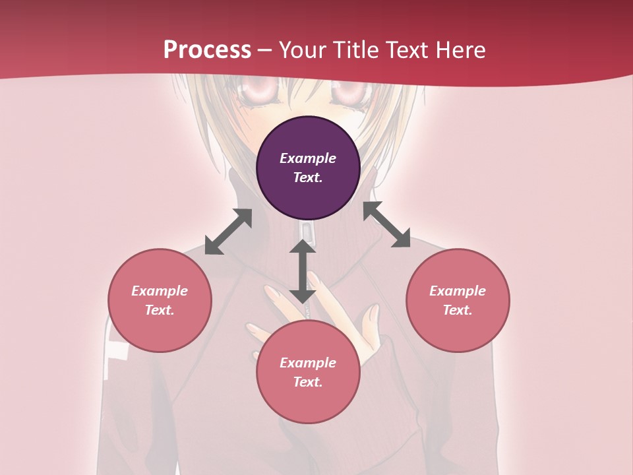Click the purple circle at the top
coord(308,168)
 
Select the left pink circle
coord(160,300)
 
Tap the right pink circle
coord(458,300)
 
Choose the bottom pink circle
coord(308,372)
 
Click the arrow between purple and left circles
coord(228,232)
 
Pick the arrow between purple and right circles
coord(387,224)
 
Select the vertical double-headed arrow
coord(303,271)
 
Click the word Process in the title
coord(207,50)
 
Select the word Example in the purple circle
coord(308,158)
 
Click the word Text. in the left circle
coord(160,310)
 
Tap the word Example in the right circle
coord(458,291)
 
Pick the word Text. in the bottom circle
coord(308,382)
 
